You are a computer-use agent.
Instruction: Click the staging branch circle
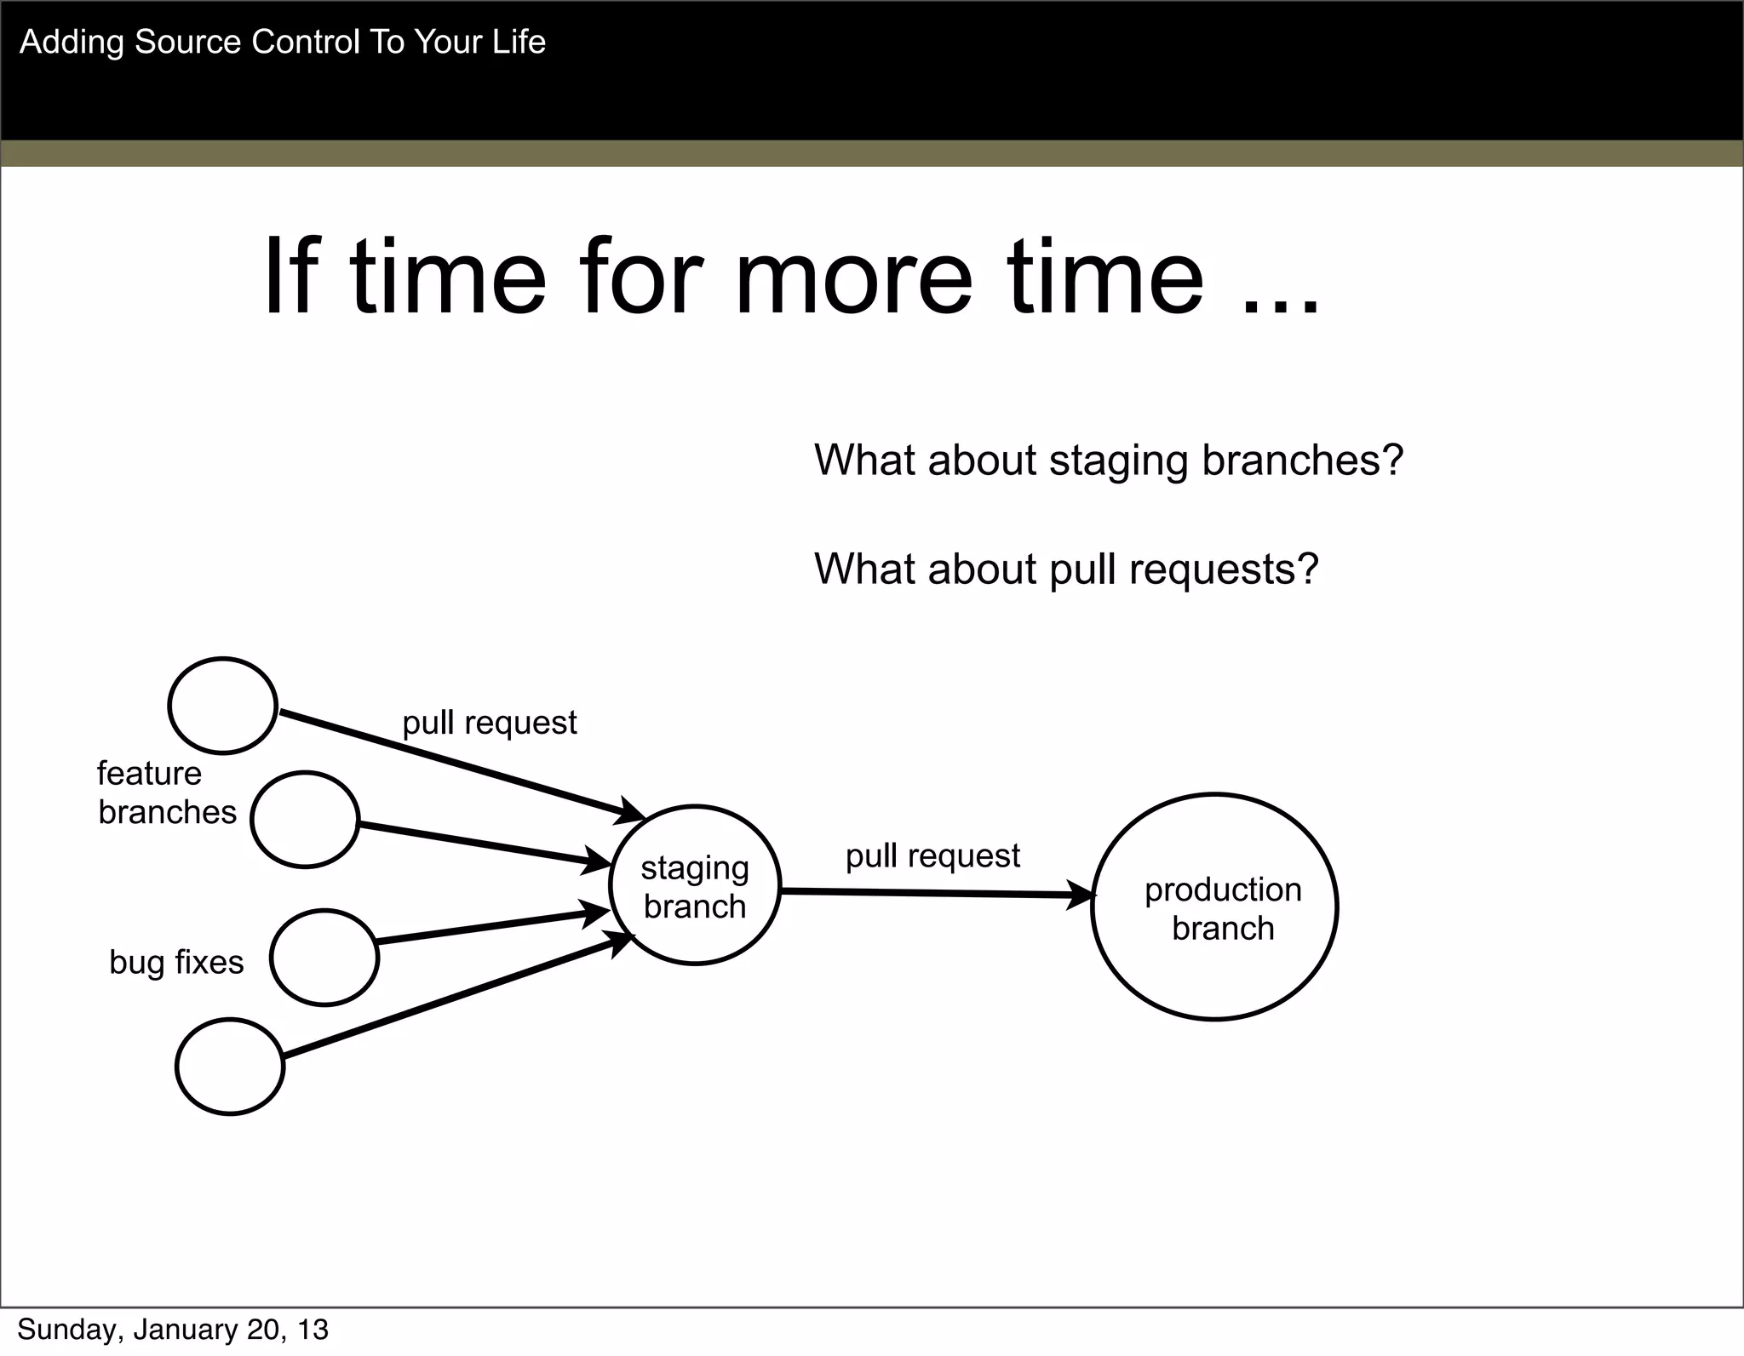tap(695, 885)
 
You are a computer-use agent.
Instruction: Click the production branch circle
tap(1214, 907)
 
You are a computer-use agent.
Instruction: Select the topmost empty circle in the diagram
tap(223, 706)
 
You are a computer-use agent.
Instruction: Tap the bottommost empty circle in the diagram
tap(230, 1067)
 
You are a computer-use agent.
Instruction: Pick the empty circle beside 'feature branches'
tap(305, 820)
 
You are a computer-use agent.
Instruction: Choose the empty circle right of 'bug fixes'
tap(324, 958)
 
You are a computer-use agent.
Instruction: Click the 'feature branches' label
tap(166, 792)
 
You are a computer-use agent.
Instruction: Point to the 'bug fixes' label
tap(176, 963)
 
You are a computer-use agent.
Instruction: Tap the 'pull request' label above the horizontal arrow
tap(932, 855)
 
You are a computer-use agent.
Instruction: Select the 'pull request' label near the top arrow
tap(489, 723)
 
